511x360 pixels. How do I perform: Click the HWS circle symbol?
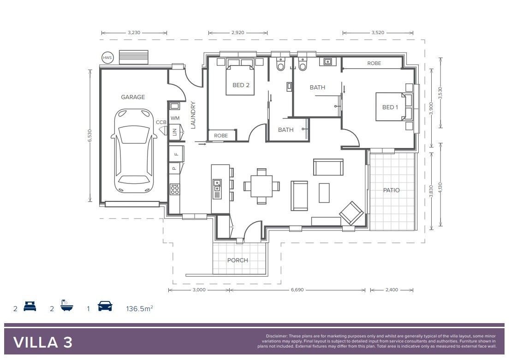(107, 58)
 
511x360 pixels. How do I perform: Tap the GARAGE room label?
(133, 97)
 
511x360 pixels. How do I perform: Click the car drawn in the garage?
(134, 152)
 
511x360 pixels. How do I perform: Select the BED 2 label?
(241, 85)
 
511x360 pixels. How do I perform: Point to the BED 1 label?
(390, 107)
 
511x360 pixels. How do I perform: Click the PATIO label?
(392, 190)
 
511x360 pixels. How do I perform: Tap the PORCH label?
(238, 260)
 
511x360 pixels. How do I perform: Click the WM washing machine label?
(175, 118)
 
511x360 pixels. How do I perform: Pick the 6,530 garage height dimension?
(90, 136)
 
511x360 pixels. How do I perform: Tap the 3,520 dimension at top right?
(377, 33)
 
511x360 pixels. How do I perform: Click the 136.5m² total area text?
(139, 308)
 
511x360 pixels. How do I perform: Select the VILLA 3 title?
(43, 342)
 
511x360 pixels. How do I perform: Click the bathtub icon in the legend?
(66, 307)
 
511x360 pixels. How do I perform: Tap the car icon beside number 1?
(105, 306)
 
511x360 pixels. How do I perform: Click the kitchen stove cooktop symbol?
(175, 189)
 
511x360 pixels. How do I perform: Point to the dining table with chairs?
(261, 186)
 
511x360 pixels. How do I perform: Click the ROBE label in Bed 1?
(374, 63)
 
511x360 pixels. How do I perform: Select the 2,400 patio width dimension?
(391, 290)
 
